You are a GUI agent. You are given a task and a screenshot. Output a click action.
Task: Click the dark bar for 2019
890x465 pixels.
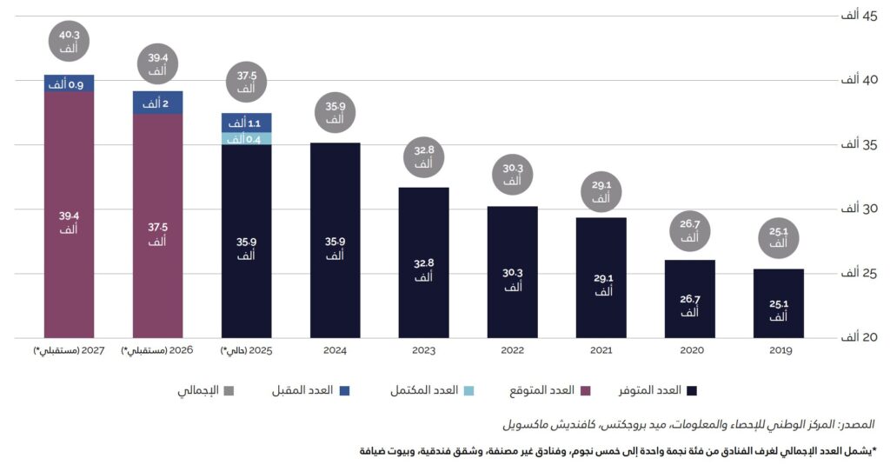[x=779, y=303]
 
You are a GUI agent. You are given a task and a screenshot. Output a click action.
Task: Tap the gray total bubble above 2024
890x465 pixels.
[x=335, y=114]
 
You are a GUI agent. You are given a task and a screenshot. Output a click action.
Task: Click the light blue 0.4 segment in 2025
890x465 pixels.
[x=247, y=138]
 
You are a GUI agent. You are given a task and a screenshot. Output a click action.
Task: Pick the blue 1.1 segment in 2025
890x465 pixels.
[x=247, y=123]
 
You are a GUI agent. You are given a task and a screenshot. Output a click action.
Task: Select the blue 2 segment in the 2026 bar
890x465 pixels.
[x=157, y=103]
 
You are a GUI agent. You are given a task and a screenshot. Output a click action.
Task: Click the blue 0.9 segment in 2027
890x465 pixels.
[x=70, y=83]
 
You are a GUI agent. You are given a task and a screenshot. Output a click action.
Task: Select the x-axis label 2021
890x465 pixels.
[x=601, y=350]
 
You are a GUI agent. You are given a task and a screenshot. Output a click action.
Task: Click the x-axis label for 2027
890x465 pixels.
[x=69, y=350]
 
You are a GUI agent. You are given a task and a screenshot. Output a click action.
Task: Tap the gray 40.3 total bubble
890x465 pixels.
[x=70, y=42]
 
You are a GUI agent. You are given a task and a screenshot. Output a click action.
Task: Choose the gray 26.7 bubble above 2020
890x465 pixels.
[x=689, y=230]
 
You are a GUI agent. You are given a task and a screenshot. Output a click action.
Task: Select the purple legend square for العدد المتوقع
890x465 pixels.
[x=584, y=390]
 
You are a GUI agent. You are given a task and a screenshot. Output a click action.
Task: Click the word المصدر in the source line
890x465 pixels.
[x=856, y=425]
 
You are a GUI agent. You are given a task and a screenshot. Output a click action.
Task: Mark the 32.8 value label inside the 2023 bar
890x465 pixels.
[x=423, y=270]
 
